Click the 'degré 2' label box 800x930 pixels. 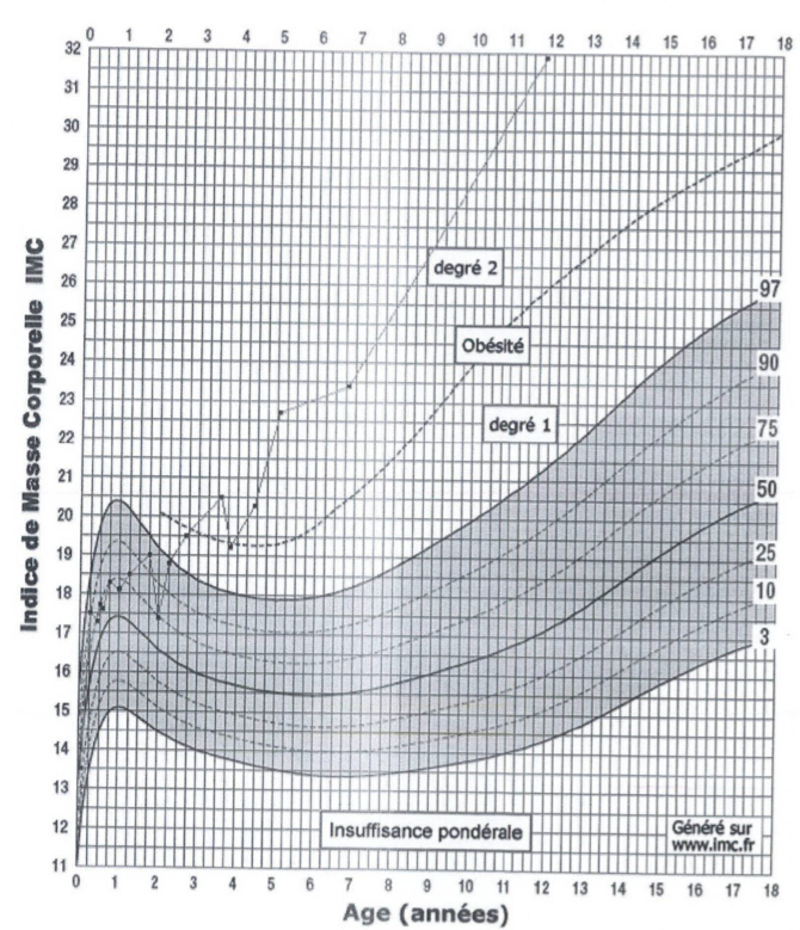(464, 268)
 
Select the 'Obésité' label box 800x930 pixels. (493, 345)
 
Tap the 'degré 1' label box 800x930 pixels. (519, 425)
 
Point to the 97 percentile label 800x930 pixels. (768, 290)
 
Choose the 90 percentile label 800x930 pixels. (768, 362)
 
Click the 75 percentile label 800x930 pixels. (768, 429)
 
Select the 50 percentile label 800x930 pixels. (767, 489)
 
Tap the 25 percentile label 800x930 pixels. (766, 553)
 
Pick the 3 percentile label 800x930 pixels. (764, 638)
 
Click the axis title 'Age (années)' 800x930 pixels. (426, 913)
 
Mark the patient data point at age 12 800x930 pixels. (547, 58)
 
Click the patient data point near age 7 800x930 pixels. (349, 386)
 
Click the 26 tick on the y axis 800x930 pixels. (70, 281)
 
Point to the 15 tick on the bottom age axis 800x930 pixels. (656, 890)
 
